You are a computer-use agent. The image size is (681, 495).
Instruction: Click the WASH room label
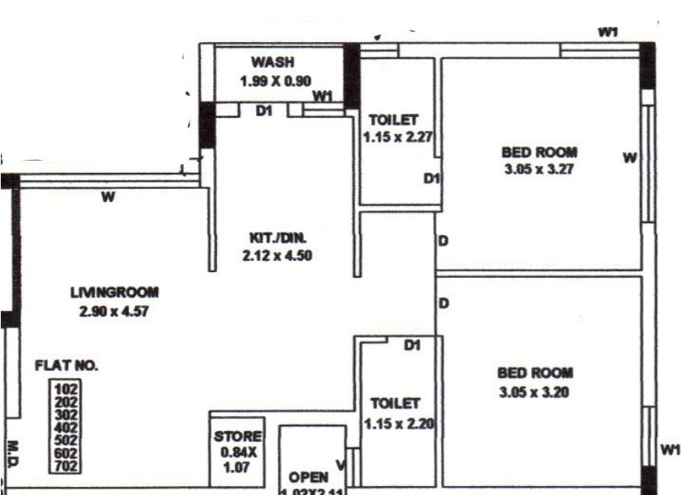(273, 62)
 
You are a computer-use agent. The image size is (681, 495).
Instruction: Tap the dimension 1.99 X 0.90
(276, 81)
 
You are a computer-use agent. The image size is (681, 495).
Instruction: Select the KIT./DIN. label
(277, 238)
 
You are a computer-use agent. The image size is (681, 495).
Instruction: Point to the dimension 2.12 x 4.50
(277, 257)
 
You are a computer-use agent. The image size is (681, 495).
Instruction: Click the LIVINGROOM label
(115, 292)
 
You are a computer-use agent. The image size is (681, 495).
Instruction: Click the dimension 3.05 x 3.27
(539, 170)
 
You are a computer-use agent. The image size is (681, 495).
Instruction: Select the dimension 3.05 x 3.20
(536, 392)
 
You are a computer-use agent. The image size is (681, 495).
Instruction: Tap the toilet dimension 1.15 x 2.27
(399, 138)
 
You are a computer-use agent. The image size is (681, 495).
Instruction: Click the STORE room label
(237, 437)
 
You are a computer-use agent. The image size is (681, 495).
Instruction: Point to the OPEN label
(308, 478)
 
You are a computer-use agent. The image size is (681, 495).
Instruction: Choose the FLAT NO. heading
(66, 366)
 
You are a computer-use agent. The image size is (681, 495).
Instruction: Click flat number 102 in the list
(65, 388)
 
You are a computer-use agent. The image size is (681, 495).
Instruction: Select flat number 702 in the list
(65, 465)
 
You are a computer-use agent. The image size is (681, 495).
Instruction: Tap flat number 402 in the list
(65, 426)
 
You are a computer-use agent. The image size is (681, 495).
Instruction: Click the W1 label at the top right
(608, 31)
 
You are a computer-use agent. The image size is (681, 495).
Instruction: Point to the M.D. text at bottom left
(14, 454)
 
